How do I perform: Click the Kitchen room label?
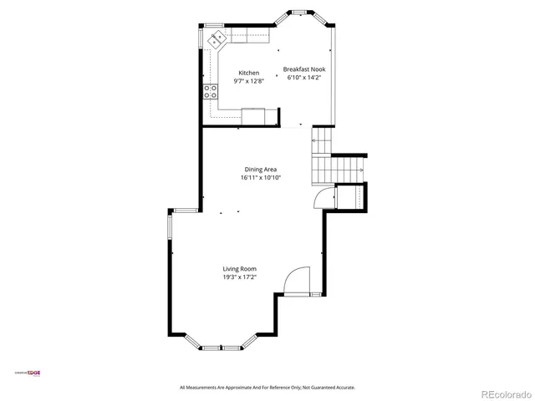248,73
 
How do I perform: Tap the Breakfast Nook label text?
303,69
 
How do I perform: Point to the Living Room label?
239,268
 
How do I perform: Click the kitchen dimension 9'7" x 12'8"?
248,81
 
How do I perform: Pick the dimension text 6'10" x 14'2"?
303,77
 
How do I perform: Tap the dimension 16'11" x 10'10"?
261,177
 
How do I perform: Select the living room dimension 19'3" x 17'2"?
239,277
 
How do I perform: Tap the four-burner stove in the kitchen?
208,92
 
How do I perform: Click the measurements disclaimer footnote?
267,387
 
